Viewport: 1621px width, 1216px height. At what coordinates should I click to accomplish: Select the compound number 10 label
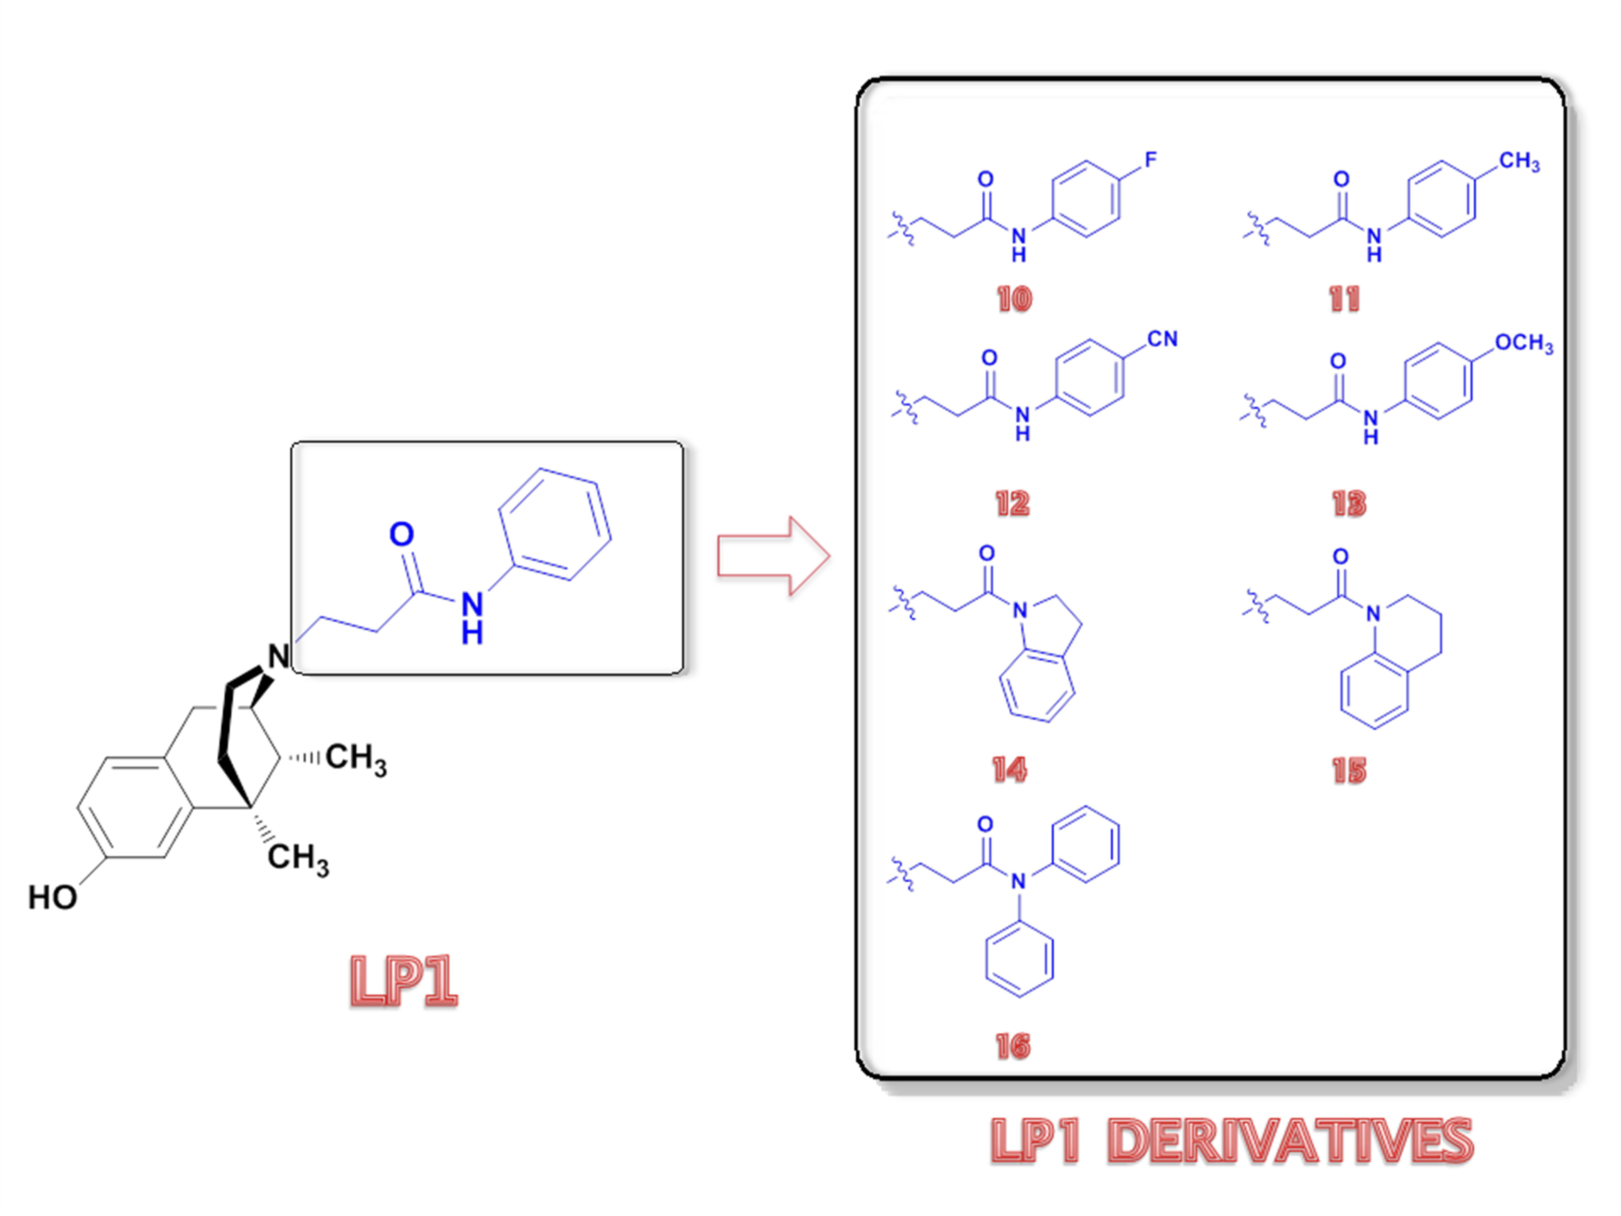pyautogui.click(x=1014, y=299)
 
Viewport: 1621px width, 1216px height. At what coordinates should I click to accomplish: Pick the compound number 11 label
pyautogui.click(x=1344, y=299)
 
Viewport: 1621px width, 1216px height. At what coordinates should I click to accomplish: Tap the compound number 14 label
pyautogui.click(x=1009, y=770)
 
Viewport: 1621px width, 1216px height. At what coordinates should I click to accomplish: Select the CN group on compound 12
pyautogui.click(x=1162, y=339)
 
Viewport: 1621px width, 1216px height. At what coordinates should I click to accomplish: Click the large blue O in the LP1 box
pyautogui.click(x=401, y=534)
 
